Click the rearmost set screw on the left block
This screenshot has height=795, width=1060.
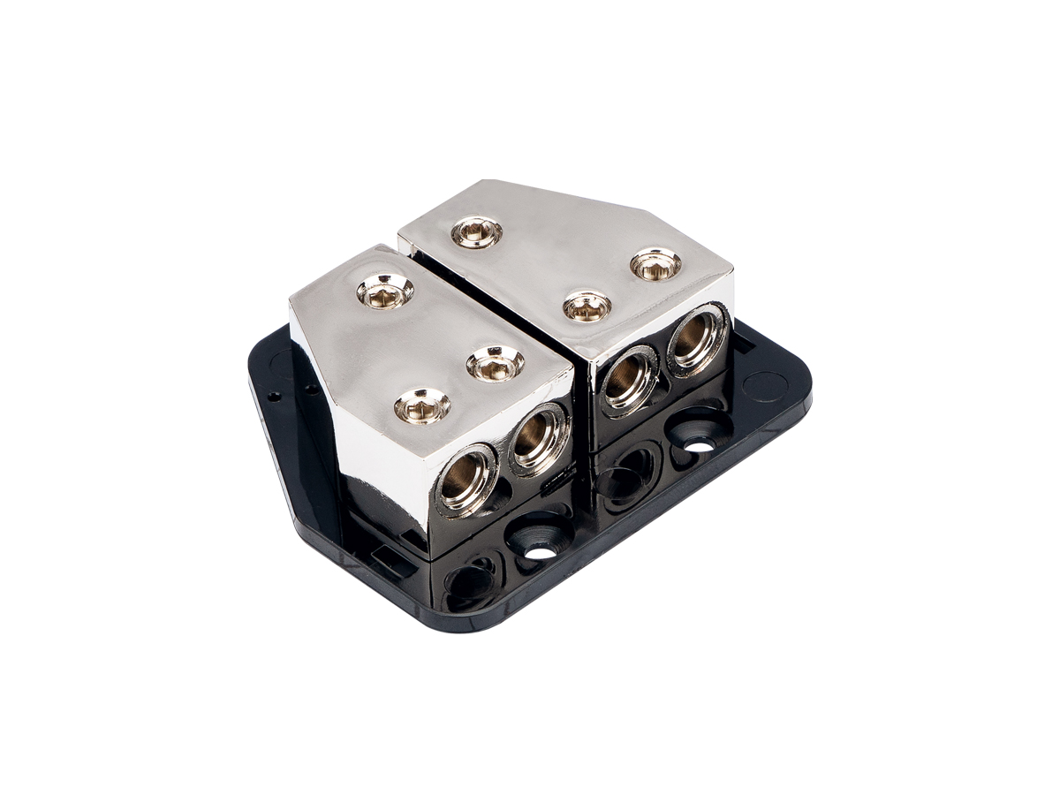click(384, 291)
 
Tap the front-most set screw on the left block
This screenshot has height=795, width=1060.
click(422, 406)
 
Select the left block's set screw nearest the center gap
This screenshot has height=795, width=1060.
click(495, 362)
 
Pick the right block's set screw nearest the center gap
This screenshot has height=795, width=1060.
click(477, 233)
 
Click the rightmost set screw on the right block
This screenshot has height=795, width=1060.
click(655, 263)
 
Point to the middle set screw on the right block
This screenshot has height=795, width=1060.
click(587, 306)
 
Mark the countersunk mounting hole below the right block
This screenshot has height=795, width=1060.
click(698, 442)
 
